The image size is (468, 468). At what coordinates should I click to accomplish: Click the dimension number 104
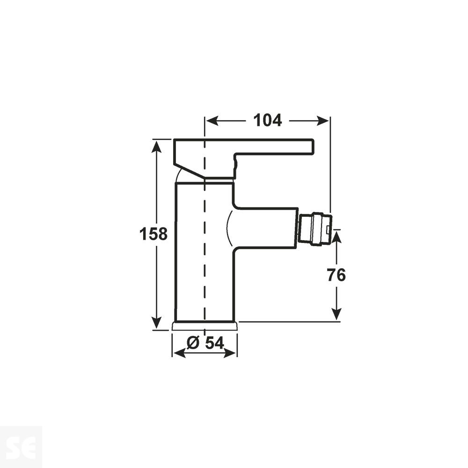tap(267, 121)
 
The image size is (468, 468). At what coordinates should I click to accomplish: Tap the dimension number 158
tap(153, 234)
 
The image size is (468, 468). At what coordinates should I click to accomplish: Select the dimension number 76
tap(336, 275)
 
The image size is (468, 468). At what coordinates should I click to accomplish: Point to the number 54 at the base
tap(214, 343)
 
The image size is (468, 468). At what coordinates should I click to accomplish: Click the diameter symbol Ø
tap(193, 343)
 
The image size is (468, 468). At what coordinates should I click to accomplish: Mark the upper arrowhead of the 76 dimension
tap(336, 235)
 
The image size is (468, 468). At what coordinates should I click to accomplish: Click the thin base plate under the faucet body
tap(205, 326)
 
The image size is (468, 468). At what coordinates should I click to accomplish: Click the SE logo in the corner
tap(21, 447)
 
